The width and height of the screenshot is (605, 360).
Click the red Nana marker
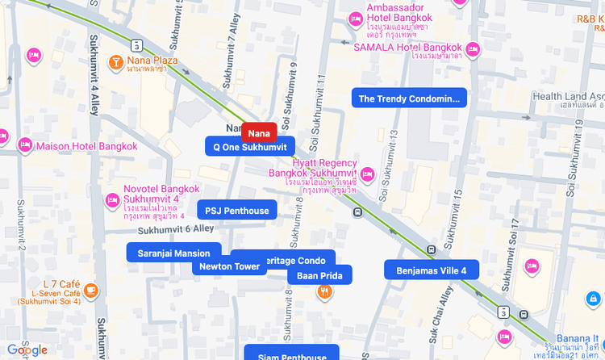pos(259,132)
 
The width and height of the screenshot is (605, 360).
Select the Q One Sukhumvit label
pos(250,147)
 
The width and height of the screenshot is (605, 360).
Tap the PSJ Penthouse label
pos(236,211)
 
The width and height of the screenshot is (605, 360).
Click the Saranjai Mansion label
pos(173,253)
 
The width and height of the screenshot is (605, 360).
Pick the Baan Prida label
pos(319,276)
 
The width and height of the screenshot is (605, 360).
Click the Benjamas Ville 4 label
pos(431,270)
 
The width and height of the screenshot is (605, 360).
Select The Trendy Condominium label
pos(409,98)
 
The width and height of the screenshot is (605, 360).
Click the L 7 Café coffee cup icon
pos(93,290)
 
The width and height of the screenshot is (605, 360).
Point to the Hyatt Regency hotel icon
pos(368,174)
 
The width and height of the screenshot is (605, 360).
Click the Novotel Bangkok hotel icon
pos(113,200)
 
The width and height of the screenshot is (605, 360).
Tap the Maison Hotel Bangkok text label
pos(87,147)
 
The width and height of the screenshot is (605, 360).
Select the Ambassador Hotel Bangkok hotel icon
pos(355,19)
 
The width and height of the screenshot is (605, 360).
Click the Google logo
pos(27,350)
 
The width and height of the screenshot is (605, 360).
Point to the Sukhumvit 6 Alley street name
pos(175,230)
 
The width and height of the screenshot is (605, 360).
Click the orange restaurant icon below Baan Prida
pos(323,292)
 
